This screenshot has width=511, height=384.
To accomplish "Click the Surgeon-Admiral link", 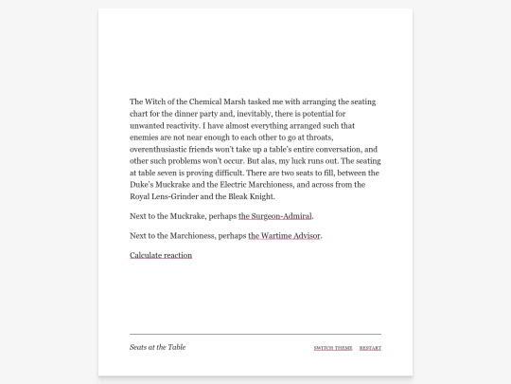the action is [x=275, y=216].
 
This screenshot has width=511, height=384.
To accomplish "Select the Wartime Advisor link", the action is [x=285, y=235].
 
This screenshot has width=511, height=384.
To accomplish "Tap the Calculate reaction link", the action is [x=161, y=255].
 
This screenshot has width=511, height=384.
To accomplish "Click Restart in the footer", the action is [x=370, y=348].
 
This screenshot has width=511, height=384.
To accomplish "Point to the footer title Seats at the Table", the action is [x=158, y=347].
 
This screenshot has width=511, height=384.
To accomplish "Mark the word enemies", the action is [x=147, y=137].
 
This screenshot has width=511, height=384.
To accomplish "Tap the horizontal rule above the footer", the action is [x=255, y=335].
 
